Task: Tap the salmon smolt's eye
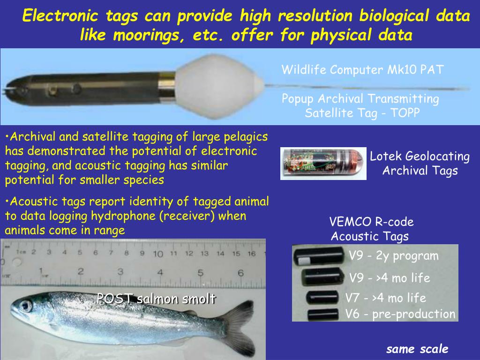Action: pyautogui.click(x=25, y=306)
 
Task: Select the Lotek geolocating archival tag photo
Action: pyautogui.click(x=323, y=163)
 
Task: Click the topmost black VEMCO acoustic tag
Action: pyautogui.click(x=319, y=256)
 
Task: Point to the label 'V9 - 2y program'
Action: pyautogui.click(x=394, y=256)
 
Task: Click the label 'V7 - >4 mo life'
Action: pyautogui.click(x=385, y=298)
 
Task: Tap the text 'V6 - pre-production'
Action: pyautogui.click(x=400, y=314)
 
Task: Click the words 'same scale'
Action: pyautogui.click(x=417, y=349)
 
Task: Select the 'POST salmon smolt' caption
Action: pyautogui.click(x=156, y=299)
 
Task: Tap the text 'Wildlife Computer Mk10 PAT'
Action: pyautogui.click(x=362, y=70)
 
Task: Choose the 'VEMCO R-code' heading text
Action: pyautogui.click(x=371, y=222)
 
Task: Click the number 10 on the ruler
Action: pyautogui.click(x=157, y=254)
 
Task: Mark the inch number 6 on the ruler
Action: pyautogui.click(x=240, y=272)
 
